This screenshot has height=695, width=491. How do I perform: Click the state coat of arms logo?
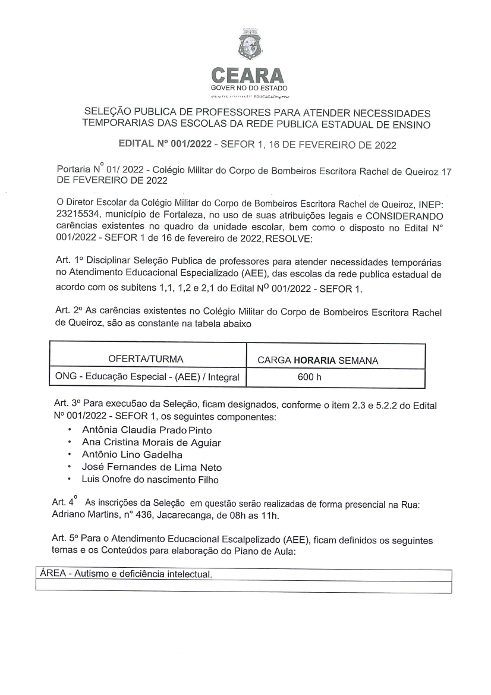click(245, 45)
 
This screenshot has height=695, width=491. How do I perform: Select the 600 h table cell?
click(310, 376)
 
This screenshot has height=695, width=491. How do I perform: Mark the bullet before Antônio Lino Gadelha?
click(71, 455)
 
